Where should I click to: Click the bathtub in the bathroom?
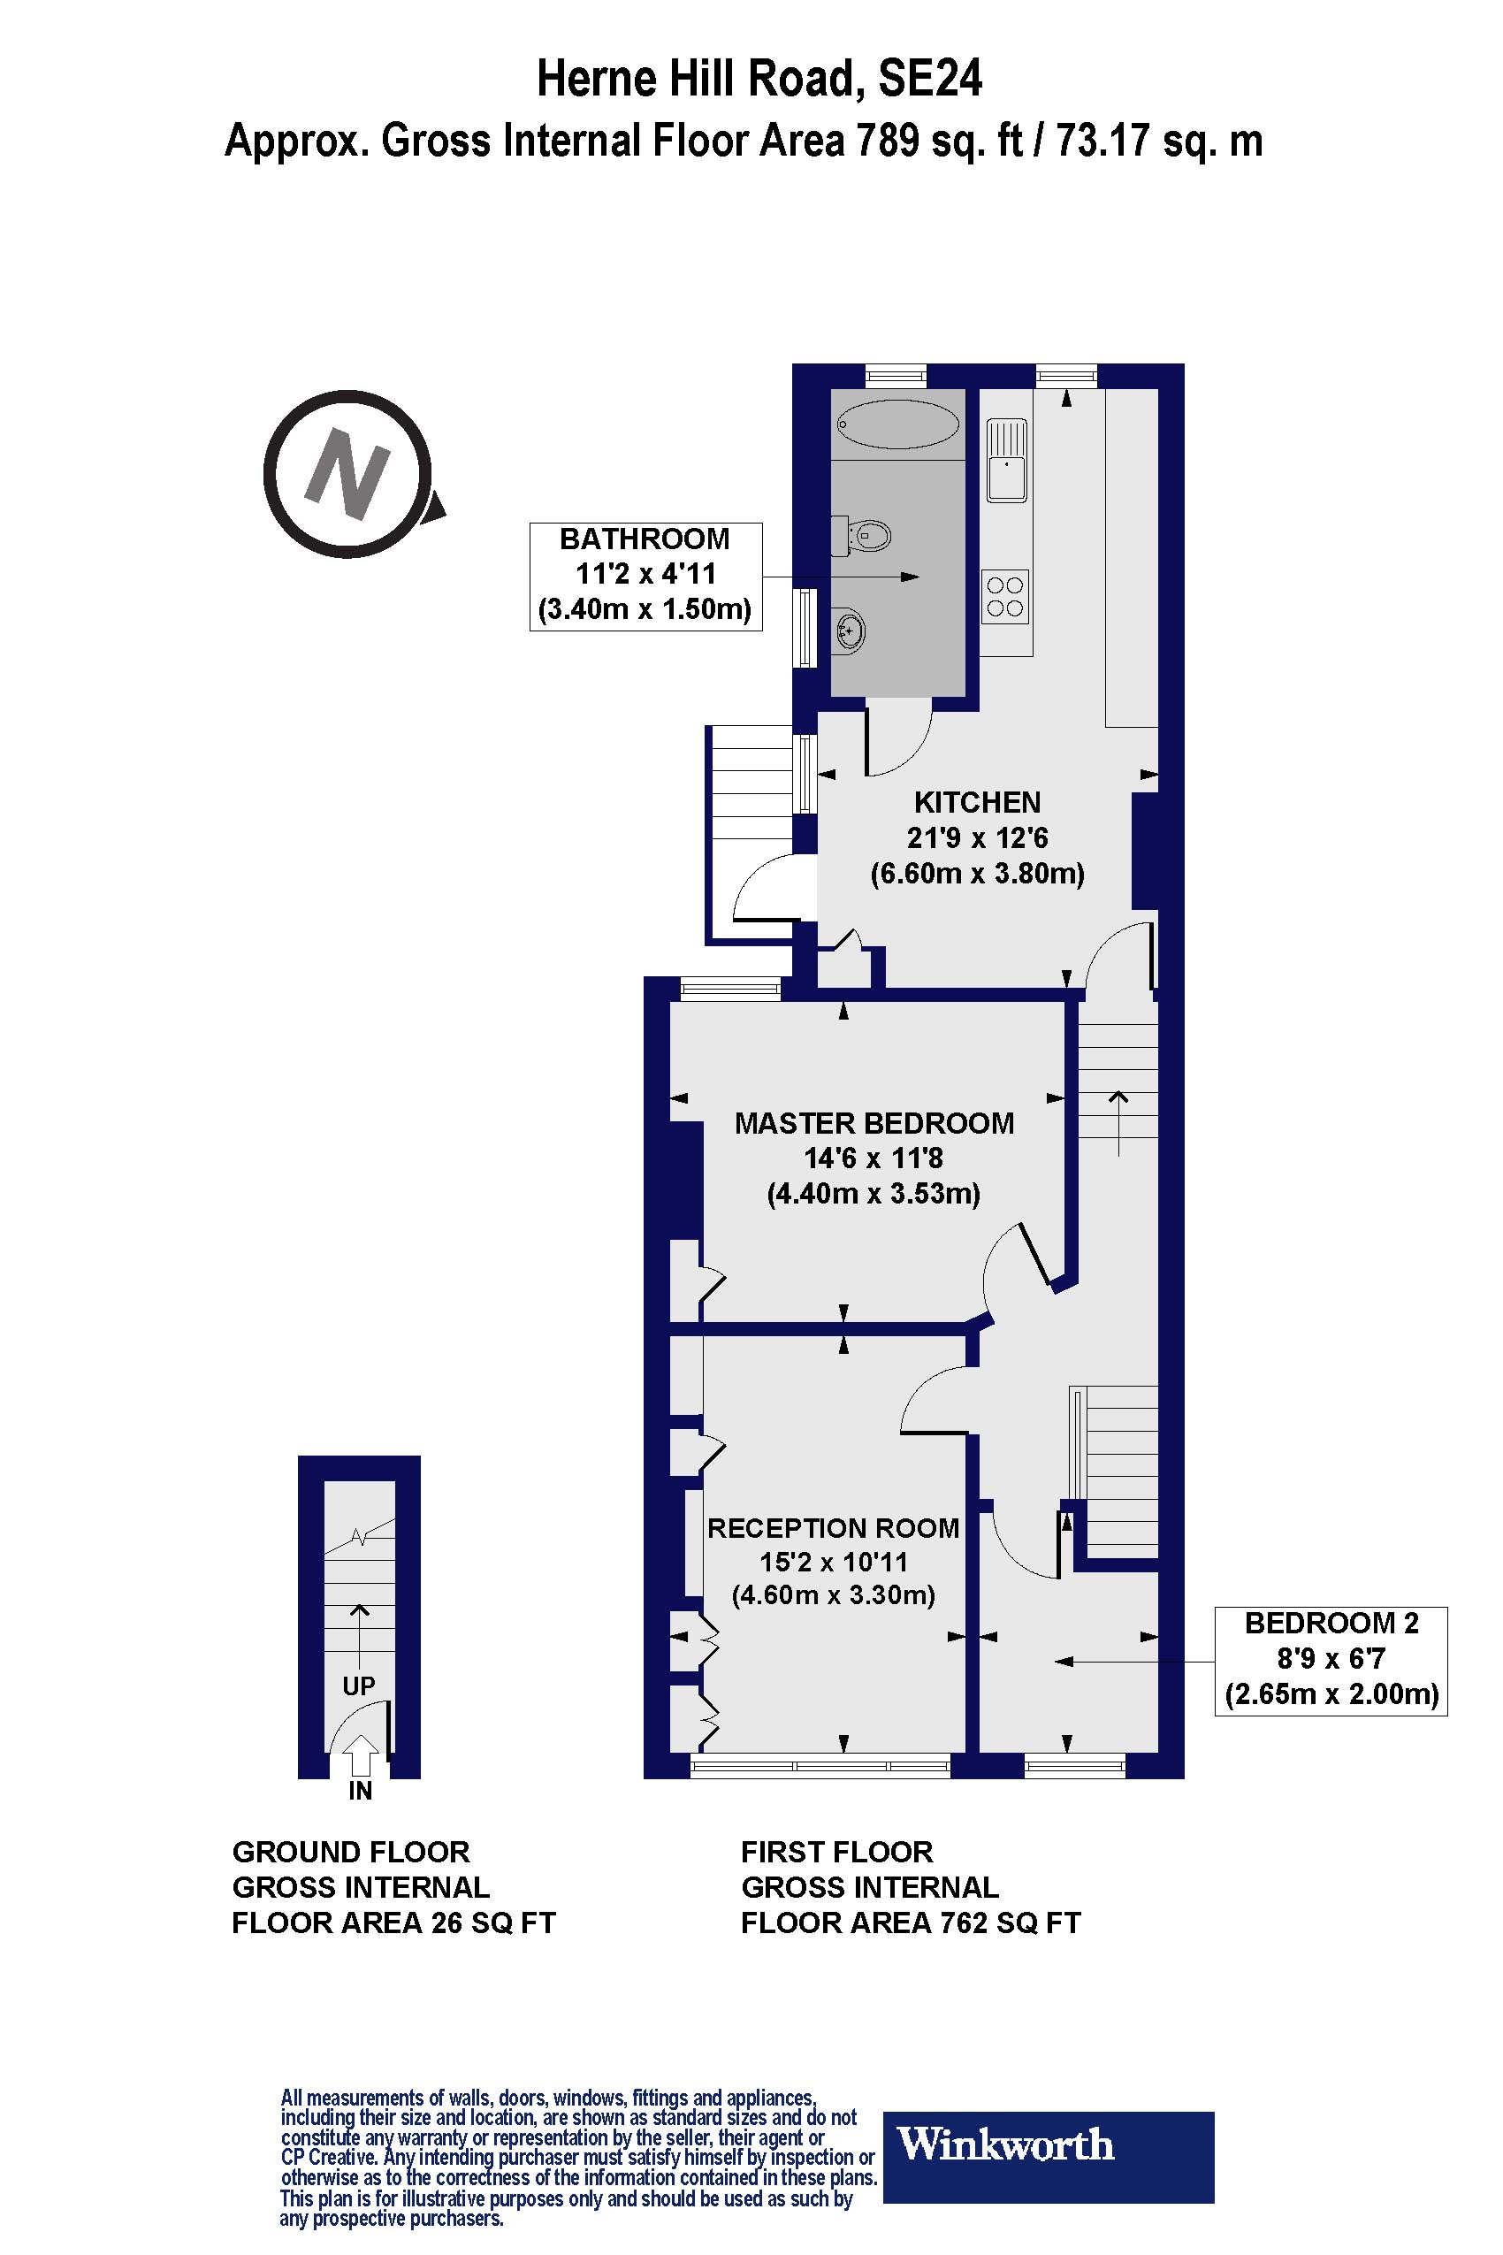click(x=897, y=423)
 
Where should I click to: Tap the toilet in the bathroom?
click(x=868, y=535)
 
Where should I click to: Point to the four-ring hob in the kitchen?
click(x=1005, y=595)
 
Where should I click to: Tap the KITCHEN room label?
click(x=977, y=801)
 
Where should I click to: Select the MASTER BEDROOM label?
click(x=874, y=1123)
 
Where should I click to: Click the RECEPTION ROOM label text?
click(x=833, y=1527)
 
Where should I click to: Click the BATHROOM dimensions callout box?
click(x=645, y=576)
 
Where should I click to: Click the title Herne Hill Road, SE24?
click(x=759, y=79)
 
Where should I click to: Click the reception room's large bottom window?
click(x=820, y=1765)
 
